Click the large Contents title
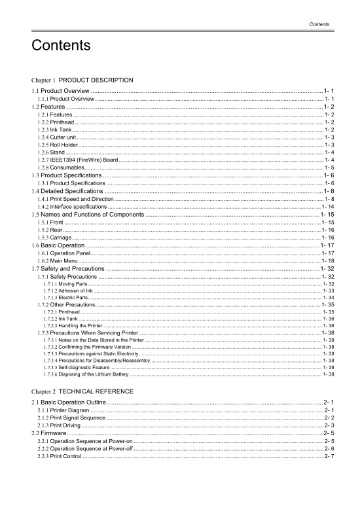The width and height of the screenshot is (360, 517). (x=60, y=46)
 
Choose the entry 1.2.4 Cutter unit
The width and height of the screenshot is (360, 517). (x=58, y=137)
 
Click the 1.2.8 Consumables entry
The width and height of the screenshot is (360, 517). (x=61, y=168)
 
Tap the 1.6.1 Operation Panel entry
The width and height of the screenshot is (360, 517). (x=62, y=253)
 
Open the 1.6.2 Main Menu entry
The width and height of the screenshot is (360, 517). (x=58, y=260)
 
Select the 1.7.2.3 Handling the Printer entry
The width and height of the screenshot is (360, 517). (x=73, y=325)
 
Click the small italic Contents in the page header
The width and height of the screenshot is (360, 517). (x=319, y=24)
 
